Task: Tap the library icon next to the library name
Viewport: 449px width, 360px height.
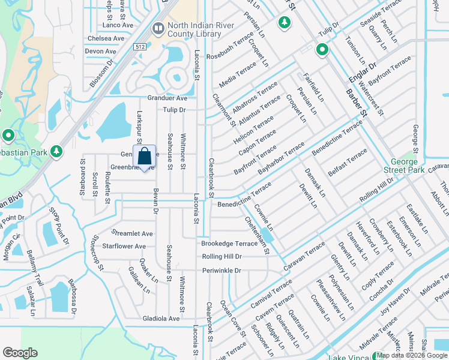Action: click(158, 28)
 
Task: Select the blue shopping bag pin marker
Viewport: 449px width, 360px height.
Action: click(145, 158)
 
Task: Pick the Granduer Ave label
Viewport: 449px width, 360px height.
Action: click(167, 98)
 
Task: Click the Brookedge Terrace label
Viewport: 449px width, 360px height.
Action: click(229, 244)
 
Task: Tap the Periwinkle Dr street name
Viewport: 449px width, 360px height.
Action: click(221, 271)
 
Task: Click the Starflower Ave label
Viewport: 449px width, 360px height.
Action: click(124, 247)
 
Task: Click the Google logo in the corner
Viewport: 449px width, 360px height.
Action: click(20, 353)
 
